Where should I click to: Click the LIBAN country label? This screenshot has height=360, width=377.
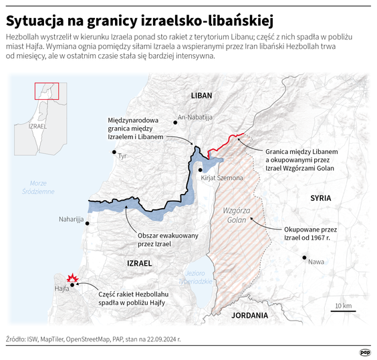(201, 96)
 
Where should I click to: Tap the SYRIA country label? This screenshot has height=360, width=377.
(320, 198)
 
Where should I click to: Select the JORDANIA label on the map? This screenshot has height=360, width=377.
(249, 314)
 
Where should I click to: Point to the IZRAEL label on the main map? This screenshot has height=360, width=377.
(140, 264)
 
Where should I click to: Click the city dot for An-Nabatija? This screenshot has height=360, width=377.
(174, 121)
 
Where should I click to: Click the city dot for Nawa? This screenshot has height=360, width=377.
(304, 258)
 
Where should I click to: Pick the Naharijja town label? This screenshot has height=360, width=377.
(71, 219)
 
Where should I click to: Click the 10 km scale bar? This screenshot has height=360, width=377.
(343, 309)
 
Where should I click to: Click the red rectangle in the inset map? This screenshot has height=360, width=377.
(47, 91)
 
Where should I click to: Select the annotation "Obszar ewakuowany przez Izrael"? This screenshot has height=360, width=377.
(154, 240)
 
